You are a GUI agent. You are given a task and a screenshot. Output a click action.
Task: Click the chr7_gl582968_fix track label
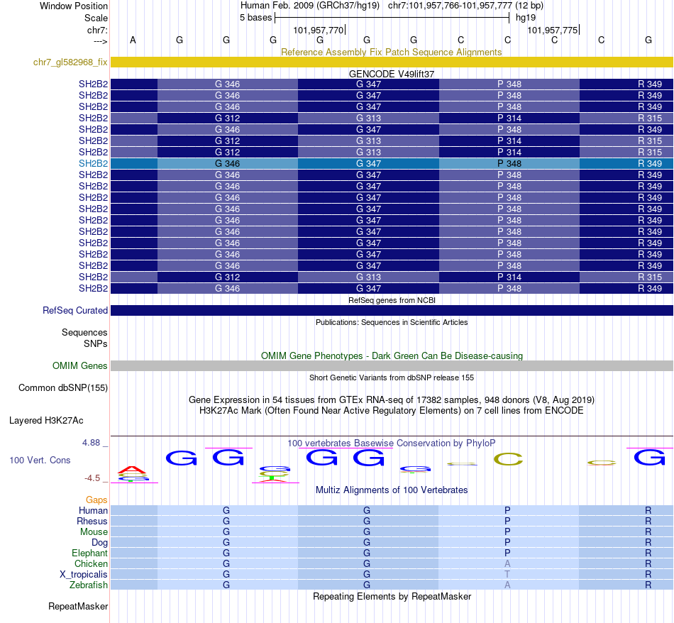[x=70, y=62]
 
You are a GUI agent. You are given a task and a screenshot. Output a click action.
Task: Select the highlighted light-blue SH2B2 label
[x=93, y=163]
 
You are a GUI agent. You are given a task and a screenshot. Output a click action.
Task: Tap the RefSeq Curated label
[x=75, y=310]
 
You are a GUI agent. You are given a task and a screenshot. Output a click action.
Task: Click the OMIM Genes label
[x=80, y=365]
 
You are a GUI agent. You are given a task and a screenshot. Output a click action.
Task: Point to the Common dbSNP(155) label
[x=63, y=387]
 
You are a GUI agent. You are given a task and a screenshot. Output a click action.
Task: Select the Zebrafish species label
[x=89, y=585]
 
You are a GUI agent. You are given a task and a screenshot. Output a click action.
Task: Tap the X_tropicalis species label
[x=84, y=574]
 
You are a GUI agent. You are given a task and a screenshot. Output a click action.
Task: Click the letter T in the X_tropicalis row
[x=507, y=574]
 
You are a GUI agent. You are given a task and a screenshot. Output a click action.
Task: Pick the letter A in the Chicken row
[x=507, y=563]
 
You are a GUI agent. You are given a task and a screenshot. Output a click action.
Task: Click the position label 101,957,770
[x=318, y=31]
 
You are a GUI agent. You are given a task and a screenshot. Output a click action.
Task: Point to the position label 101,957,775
[x=552, y=31]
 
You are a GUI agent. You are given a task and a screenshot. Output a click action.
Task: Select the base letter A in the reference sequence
[x=133, y=40]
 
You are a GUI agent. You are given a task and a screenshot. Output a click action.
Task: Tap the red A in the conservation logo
[x=132, y=469]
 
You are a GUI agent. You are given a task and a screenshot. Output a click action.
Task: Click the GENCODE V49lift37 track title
[x=391, y=74]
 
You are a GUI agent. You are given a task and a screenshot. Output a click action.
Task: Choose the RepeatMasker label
[x=78, y=607]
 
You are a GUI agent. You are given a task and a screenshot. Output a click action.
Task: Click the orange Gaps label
[x=96, y=500]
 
